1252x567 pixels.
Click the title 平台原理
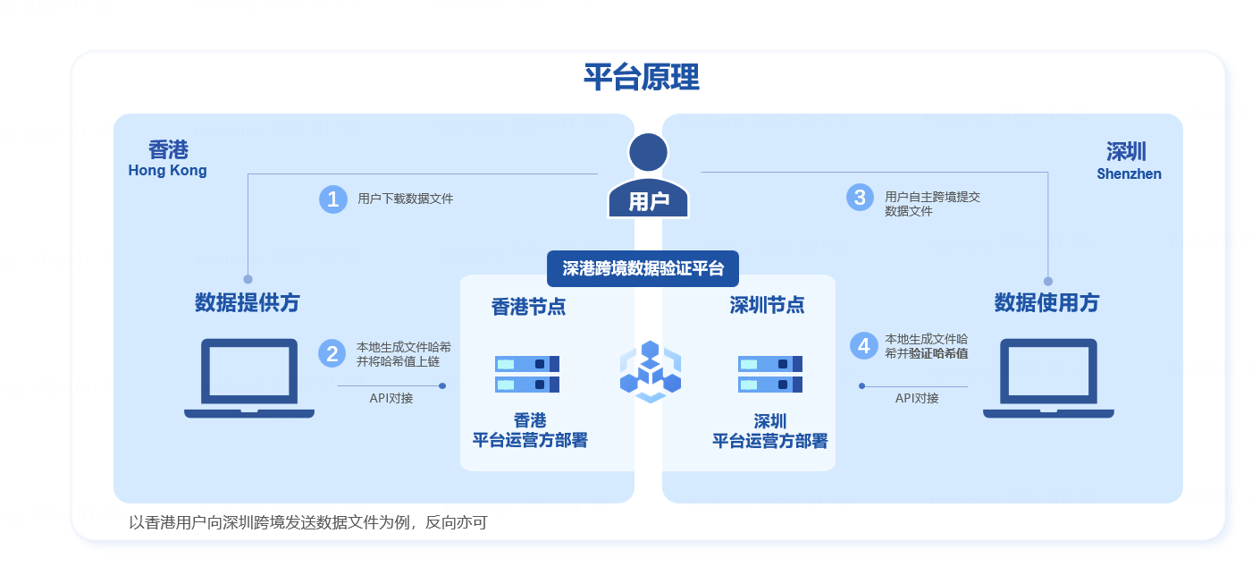pyautogui.click(x=641, y=78)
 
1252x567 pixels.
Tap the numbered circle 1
pyautogui.click(x=332, y=199)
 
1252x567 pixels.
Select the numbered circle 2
pyautogui.click(x=332, y=353)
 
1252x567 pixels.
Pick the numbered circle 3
pyautogui.click(x=860, y=197)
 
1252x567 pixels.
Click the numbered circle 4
pyautogui.click(x=863, y=345)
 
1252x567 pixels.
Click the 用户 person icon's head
pyautogui.click(x=648, y=152)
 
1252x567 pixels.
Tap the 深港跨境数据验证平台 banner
pyautogui.click(x=643, y=268)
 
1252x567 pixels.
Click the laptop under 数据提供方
pyautogui.click(x=249, y=377)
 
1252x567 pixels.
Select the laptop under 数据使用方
pyautogui.click(x=1048, y=377)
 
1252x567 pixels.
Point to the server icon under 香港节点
pyautogui.click(x=527, y=374)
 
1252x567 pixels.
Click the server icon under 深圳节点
pyautogui.click(x=769, y=374)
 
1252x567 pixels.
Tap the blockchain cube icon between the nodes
pyautogui.click(x=650, y=370)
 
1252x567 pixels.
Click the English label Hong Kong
pyautogui.click(x=167, y=171)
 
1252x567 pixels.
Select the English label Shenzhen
pyautogui.click(x=1129, y=174)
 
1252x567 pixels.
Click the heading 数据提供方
pyautogui.click(x=248, y=303)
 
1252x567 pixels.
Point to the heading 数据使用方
pyautogui.click(x=1046, y=303)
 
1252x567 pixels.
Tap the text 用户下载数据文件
pyautogui.click(x=405, y=199)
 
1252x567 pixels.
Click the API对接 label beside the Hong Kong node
pyautogui.click(x=391, y=398)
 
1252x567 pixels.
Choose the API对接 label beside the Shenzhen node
pyautogui.click(x=917, y=398)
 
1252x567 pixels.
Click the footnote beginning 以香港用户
pyautogui.click(x=308, y=522)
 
